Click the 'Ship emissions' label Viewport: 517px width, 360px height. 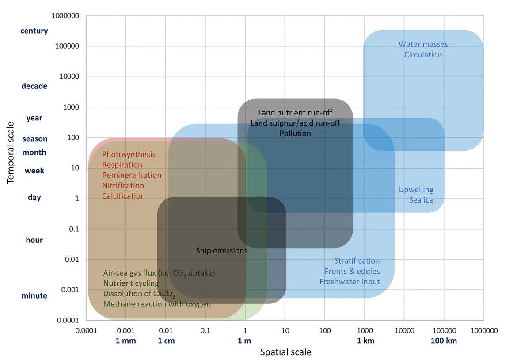point(221,251)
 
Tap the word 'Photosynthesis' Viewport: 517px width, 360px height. point(129,154)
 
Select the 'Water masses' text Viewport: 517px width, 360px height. point(423,44)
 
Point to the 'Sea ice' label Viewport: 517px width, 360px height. point(421,200)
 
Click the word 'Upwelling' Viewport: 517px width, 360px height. point(416,190)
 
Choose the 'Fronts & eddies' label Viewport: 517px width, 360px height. point(352,271)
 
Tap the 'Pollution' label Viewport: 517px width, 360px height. point(295,133)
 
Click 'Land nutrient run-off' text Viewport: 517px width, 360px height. point(295,113)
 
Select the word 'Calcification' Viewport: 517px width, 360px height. point(123,196)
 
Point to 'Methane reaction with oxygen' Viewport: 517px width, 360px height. point(157,304)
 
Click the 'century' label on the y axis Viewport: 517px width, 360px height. point(34,31)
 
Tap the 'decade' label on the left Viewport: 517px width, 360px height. point(34,86)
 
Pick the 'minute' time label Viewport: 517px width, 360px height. point(34,296)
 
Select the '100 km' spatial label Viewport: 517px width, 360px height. point(444,341)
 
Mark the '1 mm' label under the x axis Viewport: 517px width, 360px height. point(126,341)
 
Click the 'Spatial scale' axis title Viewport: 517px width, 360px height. point(285,352)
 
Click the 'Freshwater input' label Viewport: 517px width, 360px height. point(350,282)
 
